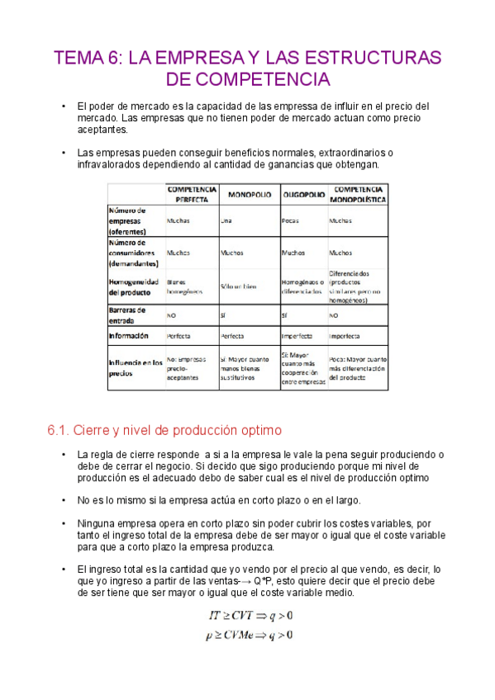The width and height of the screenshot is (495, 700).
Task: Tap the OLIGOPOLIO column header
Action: point(302,194)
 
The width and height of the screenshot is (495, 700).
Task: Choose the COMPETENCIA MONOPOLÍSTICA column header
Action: point(358,194)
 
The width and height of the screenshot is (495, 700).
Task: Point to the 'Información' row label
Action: point(128,336)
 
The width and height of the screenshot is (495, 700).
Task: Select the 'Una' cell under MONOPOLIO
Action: point(226,221)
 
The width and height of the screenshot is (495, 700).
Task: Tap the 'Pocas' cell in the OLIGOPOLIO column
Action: point(290,221)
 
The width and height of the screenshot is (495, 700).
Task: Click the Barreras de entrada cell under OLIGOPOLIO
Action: point(285,315)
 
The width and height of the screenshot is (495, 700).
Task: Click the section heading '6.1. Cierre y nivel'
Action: point(165,430)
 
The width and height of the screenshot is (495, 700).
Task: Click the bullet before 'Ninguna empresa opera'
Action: point(64,523)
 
